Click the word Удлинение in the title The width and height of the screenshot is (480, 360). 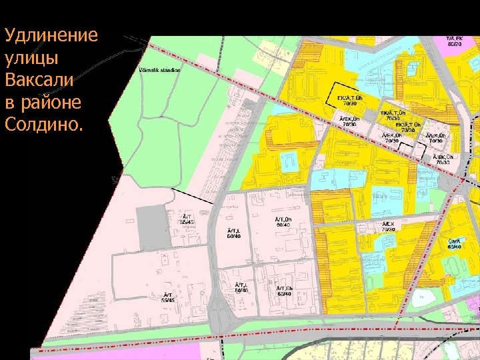[x=51, y=35]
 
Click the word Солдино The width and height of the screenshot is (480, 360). [x=41, y=125]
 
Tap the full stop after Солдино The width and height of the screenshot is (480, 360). [x=81, y=128]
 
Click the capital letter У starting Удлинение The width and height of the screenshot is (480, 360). [x=10, y=35]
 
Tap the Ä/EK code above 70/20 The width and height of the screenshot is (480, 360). [x=389, y=223]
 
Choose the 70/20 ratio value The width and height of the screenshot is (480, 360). [x=389, y=229]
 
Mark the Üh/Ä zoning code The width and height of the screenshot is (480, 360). [x=455, y=241]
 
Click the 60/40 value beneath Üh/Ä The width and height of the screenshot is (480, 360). [x=455, y=247]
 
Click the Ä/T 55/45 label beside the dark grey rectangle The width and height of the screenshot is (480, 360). [x=189, y=219]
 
